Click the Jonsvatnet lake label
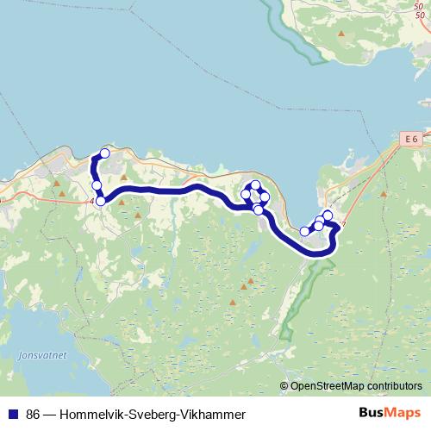(35, 353)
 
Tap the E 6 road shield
(411, 138)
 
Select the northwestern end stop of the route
(105, 153)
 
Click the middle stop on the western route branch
(97, 185)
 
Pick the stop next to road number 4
(100, 201)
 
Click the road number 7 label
(343, 224)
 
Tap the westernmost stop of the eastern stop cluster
(303, 231)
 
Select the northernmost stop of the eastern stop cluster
(328, 215)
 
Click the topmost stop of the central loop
(255, 185)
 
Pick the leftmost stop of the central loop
(246, 195)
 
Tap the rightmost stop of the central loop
(265, 197)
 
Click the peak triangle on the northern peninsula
(341, 34)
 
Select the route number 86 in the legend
(34, 414)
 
